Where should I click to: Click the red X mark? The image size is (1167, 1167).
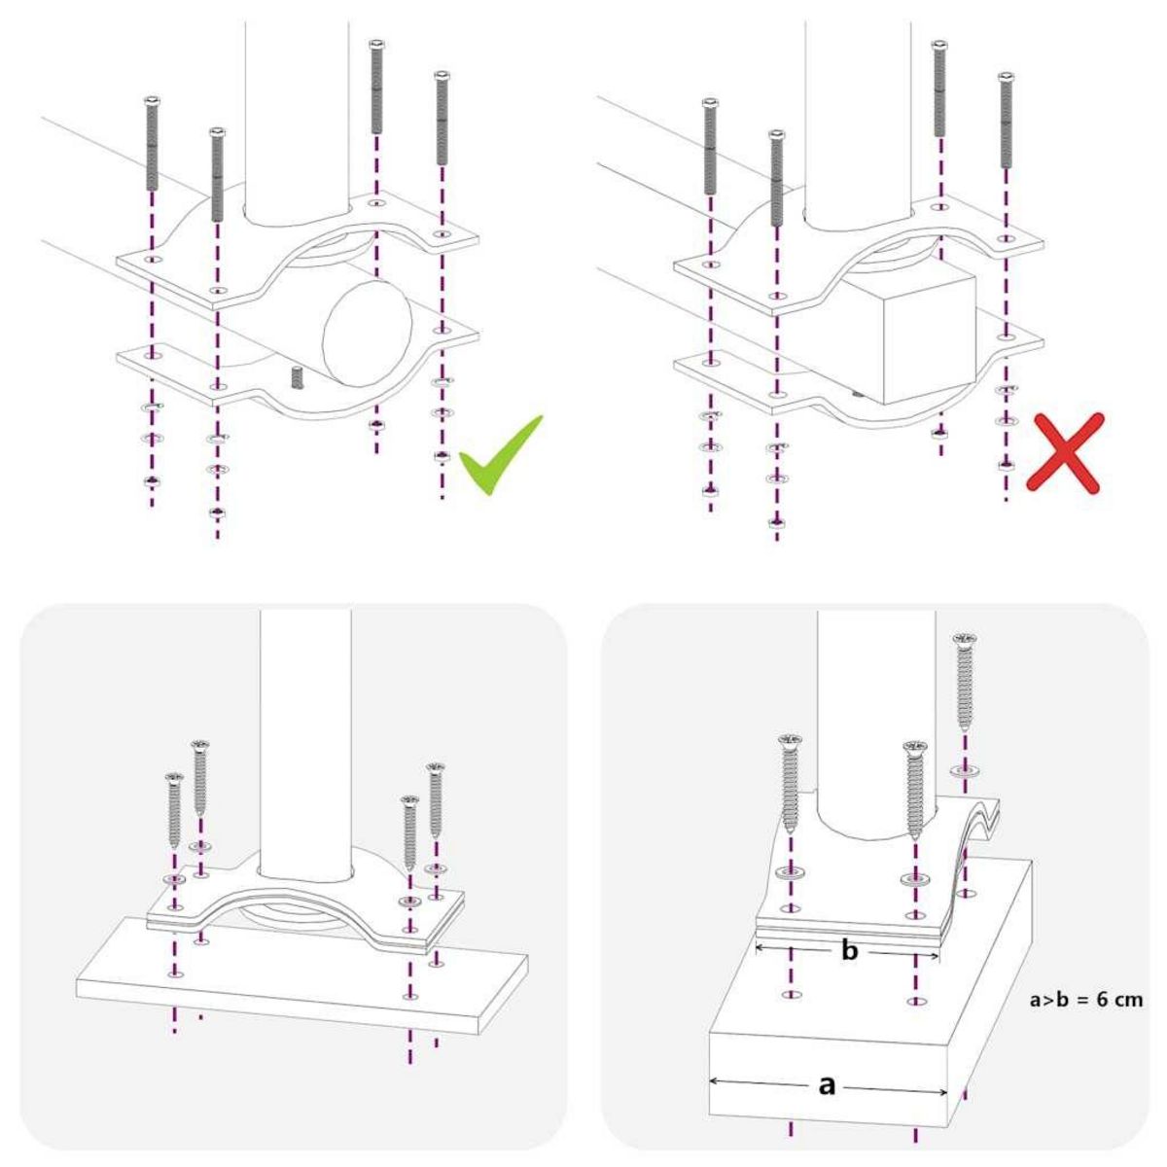click(x=1067, y=452)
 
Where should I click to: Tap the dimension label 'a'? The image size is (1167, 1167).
click(x=827, y=1085)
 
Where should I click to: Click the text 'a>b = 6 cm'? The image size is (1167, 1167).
click(x=1085, y=1000)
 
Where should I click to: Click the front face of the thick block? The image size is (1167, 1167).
click(x=827, y=1079)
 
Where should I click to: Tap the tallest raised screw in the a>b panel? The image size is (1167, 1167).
click(x=965, y=681)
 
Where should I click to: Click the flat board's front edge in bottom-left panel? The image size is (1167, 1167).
click(x=292, y=1008)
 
